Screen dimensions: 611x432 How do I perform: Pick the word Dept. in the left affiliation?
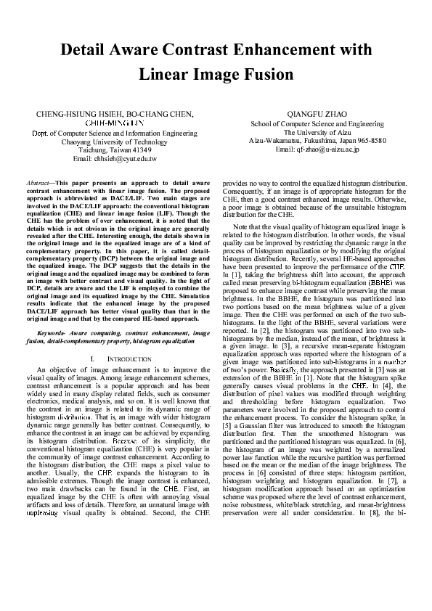pos(41,133)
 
